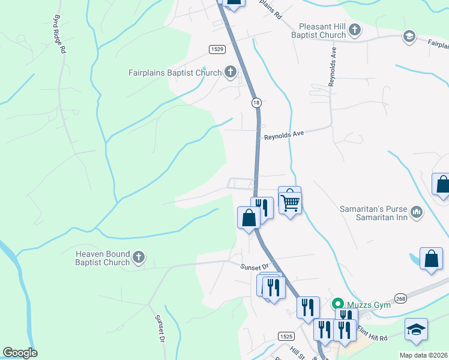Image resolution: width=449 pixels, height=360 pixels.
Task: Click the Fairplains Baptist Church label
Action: pos(175,73)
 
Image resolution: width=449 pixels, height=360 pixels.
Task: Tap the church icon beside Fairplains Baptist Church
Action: pos(230,73)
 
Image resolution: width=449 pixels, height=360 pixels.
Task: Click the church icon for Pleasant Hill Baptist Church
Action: pos(355,29)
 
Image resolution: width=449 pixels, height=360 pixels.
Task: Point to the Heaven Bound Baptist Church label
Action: pos(102,258)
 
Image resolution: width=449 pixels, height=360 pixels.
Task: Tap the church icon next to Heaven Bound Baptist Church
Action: pos(139,258)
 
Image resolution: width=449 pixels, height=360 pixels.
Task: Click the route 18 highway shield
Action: pos(256,103)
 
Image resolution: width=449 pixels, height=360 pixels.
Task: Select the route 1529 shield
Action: pos(217,49)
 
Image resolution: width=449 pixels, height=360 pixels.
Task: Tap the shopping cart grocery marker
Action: pos(290,200)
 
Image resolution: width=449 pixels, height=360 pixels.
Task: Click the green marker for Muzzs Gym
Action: pos(337,305)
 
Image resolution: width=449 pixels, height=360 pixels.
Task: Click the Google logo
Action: pos(20,353)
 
